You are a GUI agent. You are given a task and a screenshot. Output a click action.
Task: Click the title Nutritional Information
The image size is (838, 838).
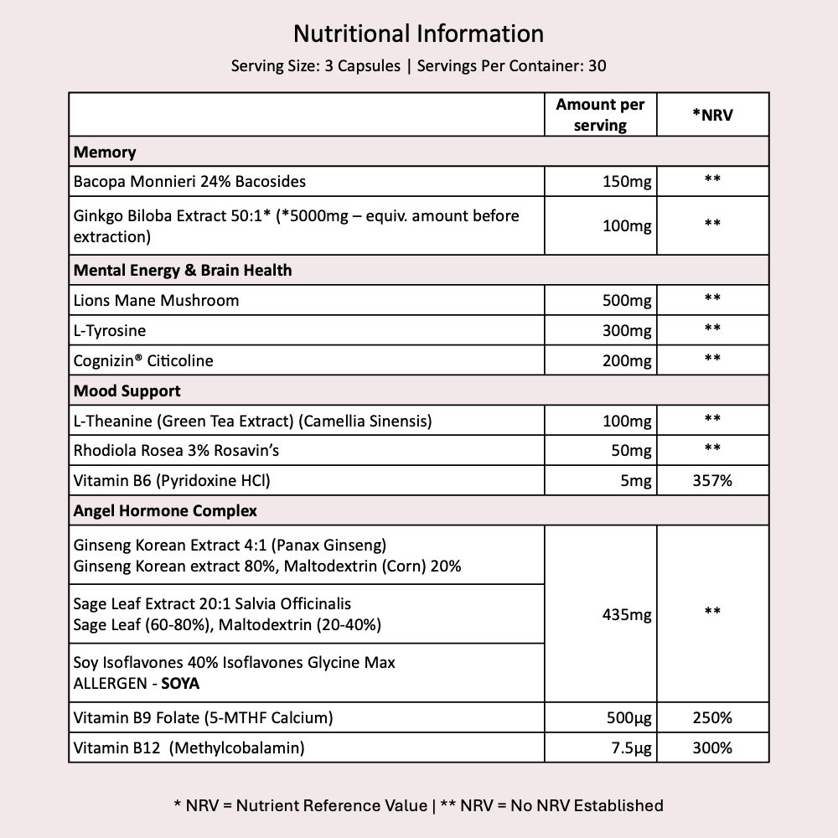tap(418, 34)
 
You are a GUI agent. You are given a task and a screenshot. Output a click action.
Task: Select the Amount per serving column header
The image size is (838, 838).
tap(600, 115)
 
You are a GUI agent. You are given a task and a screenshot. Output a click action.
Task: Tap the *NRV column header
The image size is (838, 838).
tap(712, 115)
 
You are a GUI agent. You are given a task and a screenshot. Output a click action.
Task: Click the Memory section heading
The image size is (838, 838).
tap(105, 152)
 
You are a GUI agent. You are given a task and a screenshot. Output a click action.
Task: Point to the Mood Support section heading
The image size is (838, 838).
tap(127, 391)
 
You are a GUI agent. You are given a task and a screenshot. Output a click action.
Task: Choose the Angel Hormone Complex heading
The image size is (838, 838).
tap(165, 510)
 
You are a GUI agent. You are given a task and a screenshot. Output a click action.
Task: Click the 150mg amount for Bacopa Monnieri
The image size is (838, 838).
tap(627, 181)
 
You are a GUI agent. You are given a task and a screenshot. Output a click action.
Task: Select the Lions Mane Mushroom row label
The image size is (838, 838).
tap(156, 300)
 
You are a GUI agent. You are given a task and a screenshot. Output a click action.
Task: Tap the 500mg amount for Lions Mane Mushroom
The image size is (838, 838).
tap(627, 300)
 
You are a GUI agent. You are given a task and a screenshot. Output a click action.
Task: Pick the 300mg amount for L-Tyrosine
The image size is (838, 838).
tap(627, 330)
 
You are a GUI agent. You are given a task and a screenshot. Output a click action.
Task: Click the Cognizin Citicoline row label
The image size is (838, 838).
tap(143, 360)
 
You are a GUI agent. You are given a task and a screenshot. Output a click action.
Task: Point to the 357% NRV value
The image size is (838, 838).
tap(712, 480)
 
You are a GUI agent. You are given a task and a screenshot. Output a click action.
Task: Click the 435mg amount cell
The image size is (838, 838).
tap(627, 615)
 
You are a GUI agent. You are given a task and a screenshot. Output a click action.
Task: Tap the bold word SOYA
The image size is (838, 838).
tap(180, 684)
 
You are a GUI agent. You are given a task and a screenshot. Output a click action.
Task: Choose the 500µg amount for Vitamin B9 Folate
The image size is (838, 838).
tap(627, 717)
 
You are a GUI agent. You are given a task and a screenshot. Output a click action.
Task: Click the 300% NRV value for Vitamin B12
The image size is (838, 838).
tap(712, 747)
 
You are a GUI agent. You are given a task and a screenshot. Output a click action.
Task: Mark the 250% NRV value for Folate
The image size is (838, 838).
tap(712, 717)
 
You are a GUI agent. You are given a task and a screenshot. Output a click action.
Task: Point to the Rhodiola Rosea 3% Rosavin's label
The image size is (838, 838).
tap(176, 450)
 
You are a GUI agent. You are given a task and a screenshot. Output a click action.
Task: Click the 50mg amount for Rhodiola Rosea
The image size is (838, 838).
tap(630, 450)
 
